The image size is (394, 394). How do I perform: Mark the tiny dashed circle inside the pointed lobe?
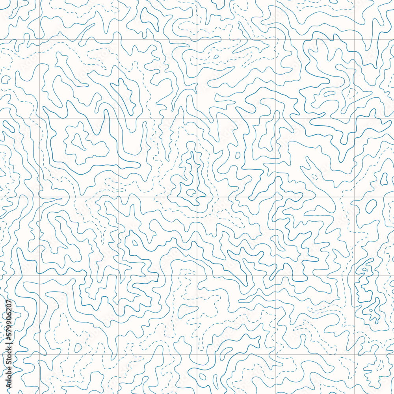pos(314,177)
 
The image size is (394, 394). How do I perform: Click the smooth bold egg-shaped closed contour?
pos(371,206)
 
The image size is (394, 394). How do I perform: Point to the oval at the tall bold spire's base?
pos(191,192)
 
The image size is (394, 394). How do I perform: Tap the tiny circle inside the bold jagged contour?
pos(238,155)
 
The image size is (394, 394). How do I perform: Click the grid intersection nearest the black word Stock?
pos(39,355)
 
